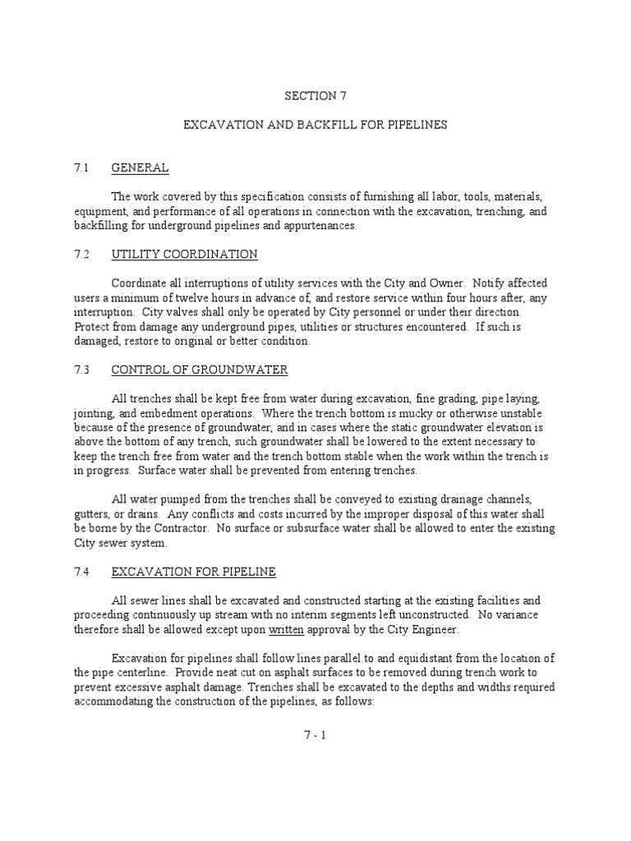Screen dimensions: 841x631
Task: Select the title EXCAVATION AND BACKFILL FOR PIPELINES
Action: (315, 125)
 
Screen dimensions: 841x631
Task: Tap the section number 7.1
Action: (81, 168)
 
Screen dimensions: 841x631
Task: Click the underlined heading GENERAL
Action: (140, 168)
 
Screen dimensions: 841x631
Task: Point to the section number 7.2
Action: (81, 254)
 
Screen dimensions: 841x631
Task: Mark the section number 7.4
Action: (81, 571)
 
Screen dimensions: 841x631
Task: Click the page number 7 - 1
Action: (315, 735)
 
